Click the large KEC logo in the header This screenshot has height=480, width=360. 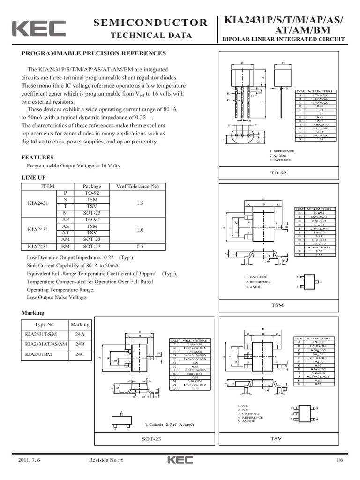tap(38, 29)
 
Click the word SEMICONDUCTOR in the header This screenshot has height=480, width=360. tap(150, 22)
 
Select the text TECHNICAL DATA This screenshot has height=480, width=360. tap(150, 36)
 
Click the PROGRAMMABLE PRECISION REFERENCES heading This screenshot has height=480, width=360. tap(94, 53)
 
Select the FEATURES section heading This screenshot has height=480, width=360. tap(38, 157)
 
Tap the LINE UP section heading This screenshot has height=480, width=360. tap(34, 178)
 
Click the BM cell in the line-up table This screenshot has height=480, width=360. tap(66, 246)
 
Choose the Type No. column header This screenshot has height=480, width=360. tap(45, 324)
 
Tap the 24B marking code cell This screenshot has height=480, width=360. tap(80, 344)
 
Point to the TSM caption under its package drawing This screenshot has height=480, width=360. tap(278, 305)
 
